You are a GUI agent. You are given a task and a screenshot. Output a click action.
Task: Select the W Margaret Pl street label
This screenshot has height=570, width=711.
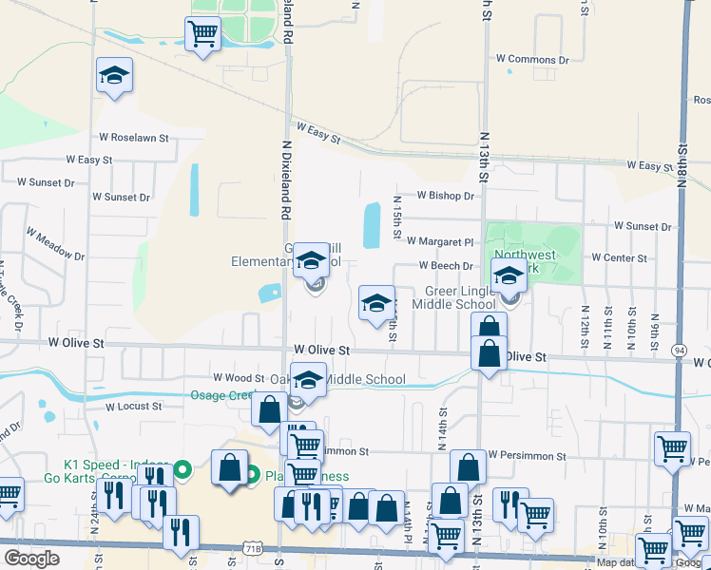point(439,242)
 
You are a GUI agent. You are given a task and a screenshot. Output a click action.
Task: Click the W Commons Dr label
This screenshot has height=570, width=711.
point(532,60)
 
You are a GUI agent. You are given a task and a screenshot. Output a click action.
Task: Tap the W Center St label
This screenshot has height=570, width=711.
point(619,257)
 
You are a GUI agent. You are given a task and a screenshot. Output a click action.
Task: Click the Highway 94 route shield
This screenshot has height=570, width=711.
point(679,351)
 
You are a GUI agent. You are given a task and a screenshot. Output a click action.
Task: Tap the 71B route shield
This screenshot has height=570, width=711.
point(252,549)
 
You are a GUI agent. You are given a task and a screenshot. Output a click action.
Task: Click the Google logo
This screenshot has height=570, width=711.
point(31,559)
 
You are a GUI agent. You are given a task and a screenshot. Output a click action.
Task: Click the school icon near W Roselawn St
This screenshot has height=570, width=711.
point(114,76)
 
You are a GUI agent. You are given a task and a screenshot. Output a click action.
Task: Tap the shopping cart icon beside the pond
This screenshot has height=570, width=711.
point(202,34)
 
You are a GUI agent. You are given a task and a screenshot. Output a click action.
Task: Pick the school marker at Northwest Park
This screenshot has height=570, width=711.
point(509,276)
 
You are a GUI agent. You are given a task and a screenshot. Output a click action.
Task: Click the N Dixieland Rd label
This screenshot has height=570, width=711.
point(285,180)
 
